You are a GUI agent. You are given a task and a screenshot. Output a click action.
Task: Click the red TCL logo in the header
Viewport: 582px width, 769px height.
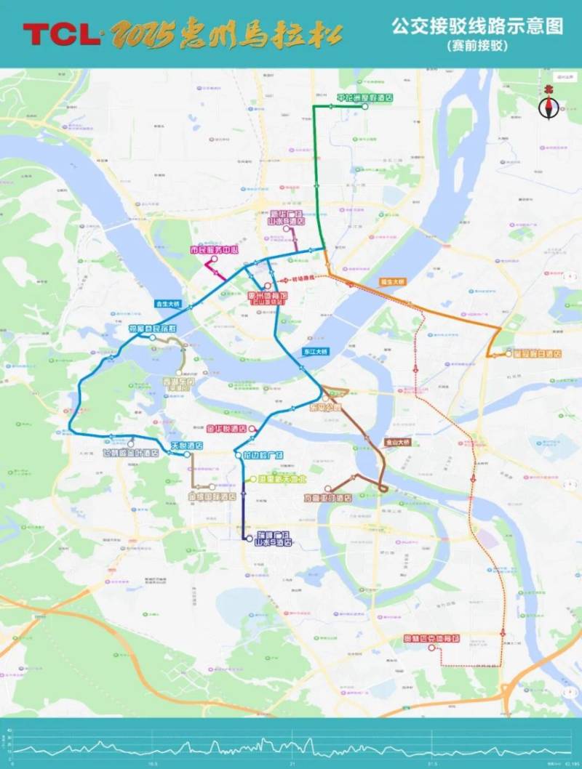tap(61, 33)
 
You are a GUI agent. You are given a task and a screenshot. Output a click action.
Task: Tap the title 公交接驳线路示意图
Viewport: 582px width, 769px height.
tap(477, 27)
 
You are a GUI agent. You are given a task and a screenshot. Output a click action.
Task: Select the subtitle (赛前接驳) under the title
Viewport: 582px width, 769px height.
tap(477, 45)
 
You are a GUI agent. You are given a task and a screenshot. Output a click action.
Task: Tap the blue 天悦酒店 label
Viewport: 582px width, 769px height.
tap(186, 445)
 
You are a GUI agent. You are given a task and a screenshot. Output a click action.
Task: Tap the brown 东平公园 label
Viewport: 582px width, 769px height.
tap(326, 407)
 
